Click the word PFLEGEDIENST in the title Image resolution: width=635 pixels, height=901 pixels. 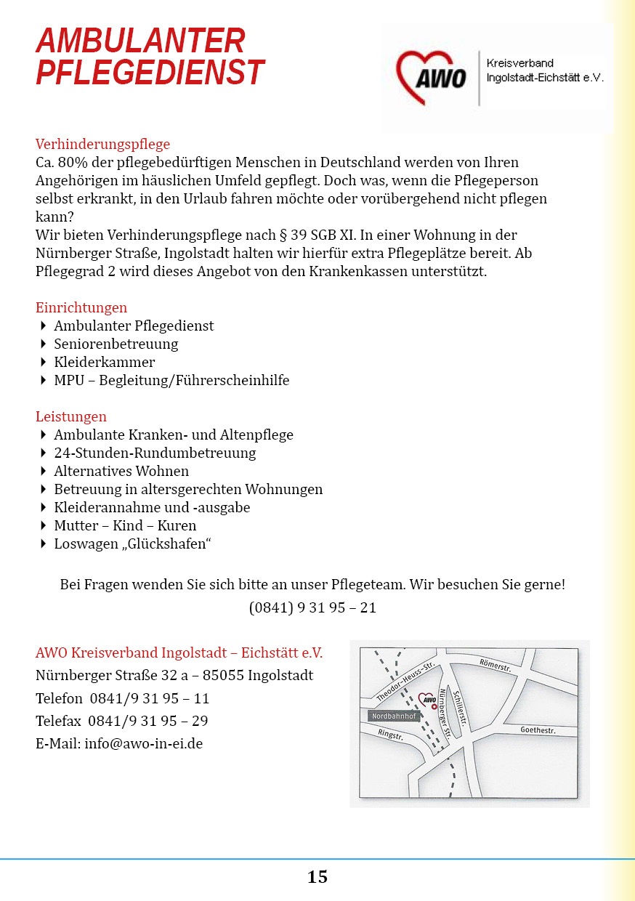pyautogui.click(x=150, y=73)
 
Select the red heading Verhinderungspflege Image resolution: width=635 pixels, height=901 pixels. pyautogui.click(x=102, y=144)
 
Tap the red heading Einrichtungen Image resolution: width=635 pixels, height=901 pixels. pyautogui.click(x=81, y=307)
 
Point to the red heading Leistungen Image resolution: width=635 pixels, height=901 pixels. pyautogui.click(x=71, y=416)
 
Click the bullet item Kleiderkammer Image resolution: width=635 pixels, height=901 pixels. pyautogui.click(x=105, y=362)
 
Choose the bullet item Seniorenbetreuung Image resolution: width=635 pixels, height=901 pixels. pyautogui.click(x=116, y=344)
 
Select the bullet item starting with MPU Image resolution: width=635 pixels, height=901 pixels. pyautogui.click(x=171, y=380)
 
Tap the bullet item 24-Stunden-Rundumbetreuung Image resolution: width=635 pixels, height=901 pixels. pyautogui.click(x=155, y=453)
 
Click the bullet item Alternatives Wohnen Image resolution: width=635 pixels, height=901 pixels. pyautogui.click(x=121, y=471)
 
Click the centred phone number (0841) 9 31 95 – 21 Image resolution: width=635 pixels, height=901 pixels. pyautogui.click(x=312, y=607)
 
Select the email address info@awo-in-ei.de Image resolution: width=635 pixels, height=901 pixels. pyautogui.click(x=144, y=743)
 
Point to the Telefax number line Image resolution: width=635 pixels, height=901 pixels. pyautogui.click(x=122, y=721)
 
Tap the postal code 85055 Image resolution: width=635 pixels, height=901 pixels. pyautogui.click(x=223, y=675)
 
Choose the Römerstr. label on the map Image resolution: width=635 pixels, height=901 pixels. pyautogui.click(x=496, y=665)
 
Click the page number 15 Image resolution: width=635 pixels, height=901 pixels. pyautogui.click(x=317, y=877)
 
